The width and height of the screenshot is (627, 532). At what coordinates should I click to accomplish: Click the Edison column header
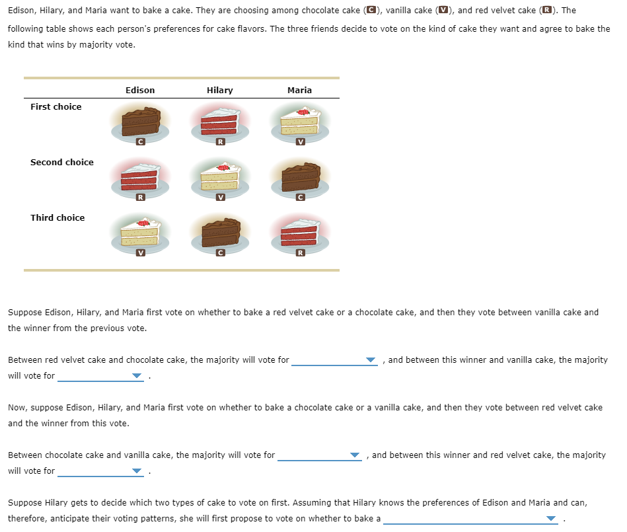pyautogui.click(x=140, y=90)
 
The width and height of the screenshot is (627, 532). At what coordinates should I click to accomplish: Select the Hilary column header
pyautogui.click(x=219, y=90)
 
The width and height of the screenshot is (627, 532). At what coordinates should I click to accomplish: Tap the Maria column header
pyautogui.click(x=299, y=90)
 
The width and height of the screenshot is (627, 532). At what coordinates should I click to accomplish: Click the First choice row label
pyautogui.click(x=56, y=106)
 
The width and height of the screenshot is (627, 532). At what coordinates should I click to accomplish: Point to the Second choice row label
pyautogui.click(x=62, y=162)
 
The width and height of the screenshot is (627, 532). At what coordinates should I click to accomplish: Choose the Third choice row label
pyautogui.click(x=57, y=217)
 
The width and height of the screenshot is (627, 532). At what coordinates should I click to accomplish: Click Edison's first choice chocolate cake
pyautogui.click(x=140, y=122)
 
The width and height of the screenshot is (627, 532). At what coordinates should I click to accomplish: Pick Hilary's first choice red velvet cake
pyautogui.click(x=220, y=122)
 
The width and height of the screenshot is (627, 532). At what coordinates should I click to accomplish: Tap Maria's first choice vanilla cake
pyautogui.click(x=300, y=122)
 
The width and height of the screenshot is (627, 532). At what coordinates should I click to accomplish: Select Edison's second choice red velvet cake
pyautogui.click(x=140, y=177)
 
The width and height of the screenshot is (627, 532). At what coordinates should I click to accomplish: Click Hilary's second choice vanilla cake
pyautogui.click(x=220, y=177)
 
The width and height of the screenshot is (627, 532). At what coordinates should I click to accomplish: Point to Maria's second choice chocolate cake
pyautogui.click(x=300, y=177)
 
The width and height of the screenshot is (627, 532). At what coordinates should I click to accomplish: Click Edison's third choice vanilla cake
pyautogui.click(x=140, y=233)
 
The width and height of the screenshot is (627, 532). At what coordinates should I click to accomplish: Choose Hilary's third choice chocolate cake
pyautogui.click(x=220, y=233)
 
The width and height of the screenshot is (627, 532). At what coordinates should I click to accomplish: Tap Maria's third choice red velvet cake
pyautogui.click(x=300, y=233)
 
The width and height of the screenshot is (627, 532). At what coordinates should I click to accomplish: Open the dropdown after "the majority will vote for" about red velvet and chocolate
pyautogui.click(x=334, y=360)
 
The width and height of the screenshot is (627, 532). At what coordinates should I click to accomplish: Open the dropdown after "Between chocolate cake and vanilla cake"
pyautogui.click(x=320, y=455)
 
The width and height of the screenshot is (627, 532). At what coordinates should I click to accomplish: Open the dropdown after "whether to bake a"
pyautogui.click(x=470, y=519)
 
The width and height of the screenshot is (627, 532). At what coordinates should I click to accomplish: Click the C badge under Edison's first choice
pyautogui.click(x=140, y=142)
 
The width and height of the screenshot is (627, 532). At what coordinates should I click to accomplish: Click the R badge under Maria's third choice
pyautogui.click(x=301, y=253)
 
